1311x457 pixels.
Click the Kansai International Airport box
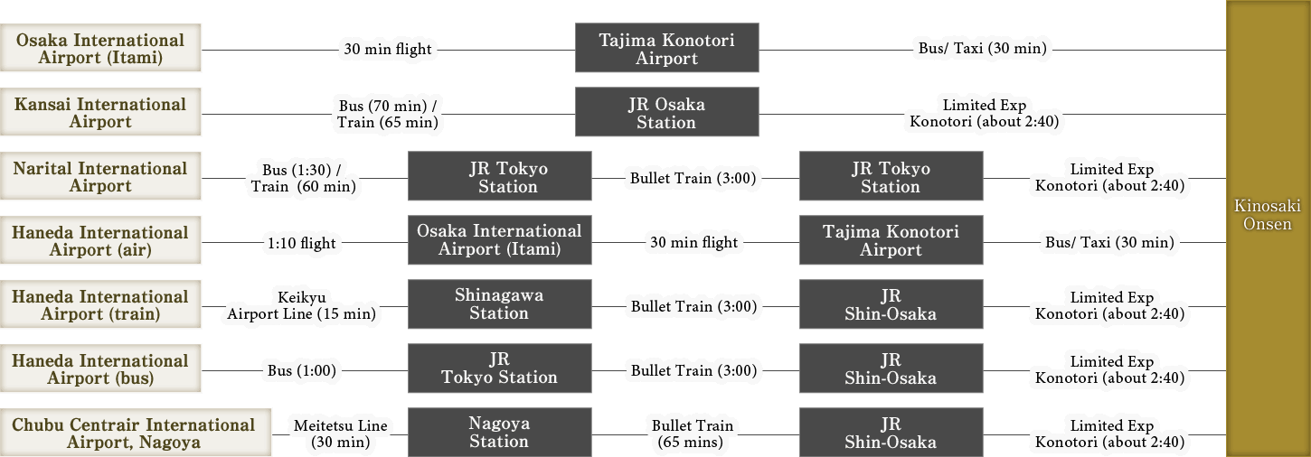[x=100, y=113]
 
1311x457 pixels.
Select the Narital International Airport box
[x=100, y=177]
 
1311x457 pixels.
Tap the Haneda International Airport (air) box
[x=100, y=241]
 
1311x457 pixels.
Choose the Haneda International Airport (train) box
[x=100, y=305]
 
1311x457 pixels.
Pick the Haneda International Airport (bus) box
[x=100, y=369]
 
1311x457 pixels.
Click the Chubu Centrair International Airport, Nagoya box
[x=135, y=434]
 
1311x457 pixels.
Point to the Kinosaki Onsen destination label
[x=1268, y=215]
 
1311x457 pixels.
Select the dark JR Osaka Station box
[x=666, y=113]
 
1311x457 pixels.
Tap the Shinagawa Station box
[x=499, y=304]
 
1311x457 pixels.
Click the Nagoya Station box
[x=499, y=433]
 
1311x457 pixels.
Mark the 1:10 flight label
[x=301, y=243]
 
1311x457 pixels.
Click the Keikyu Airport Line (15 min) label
[x=301, y=305]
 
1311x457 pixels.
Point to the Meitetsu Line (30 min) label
[x=340, y=434]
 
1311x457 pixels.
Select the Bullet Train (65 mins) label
[x=693, y=434]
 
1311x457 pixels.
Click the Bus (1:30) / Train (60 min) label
[x=303, y=178]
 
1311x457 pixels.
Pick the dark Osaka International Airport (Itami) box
[x=499, y=240]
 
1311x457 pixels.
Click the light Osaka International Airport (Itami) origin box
[x=100, y=49]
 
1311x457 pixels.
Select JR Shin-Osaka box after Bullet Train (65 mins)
[x=891, y=433]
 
